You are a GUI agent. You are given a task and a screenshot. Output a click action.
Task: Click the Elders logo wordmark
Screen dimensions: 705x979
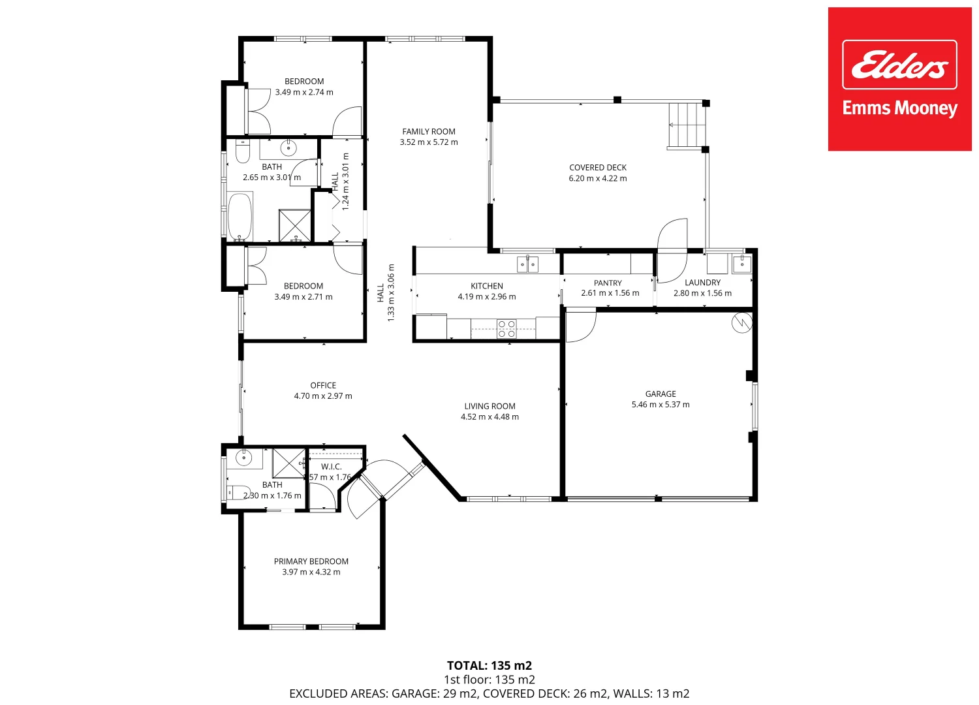(x=899, y=65)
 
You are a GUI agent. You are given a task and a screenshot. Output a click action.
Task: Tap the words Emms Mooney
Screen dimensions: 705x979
(x=899, y=108)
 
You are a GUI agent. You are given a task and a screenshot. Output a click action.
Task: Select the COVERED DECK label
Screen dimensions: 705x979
(x=597, y=168)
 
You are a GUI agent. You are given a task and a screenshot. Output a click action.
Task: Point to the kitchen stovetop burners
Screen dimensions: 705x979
(x=506, y=329)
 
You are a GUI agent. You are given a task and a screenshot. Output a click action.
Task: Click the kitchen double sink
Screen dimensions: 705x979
(x=527, y=264)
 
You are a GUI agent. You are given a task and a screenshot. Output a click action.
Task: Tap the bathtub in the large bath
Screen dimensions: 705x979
(x=240, y=216)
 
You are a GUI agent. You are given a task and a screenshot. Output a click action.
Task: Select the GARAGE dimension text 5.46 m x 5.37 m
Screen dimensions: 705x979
(x=660, y=405)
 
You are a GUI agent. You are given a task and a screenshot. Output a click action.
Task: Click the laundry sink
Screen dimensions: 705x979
(x=741, y=264)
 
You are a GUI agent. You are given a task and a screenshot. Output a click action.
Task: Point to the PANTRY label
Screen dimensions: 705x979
(x=608, y=283)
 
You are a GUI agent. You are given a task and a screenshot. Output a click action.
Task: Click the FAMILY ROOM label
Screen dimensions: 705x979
(x=429, y=131)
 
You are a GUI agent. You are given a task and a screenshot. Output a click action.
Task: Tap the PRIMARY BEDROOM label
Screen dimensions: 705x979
(x=311, y=561)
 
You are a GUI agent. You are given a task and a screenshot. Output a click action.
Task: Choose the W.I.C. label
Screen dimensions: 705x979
(x=331, y=467)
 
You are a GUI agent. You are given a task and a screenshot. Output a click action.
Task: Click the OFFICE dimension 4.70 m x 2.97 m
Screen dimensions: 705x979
(x=322, y=396)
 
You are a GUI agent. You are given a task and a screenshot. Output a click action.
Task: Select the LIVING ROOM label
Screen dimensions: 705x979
(x=489, y=406)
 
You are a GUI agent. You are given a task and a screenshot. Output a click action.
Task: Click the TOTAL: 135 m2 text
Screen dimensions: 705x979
(x=489, y=666)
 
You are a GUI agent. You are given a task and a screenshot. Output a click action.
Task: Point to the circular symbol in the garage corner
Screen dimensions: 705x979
(x=741, y=323)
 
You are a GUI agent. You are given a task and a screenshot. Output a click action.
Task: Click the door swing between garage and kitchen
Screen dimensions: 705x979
(x=580, y=326)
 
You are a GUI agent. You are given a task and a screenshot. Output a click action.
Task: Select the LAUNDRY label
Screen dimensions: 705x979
(x=702, y=283)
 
